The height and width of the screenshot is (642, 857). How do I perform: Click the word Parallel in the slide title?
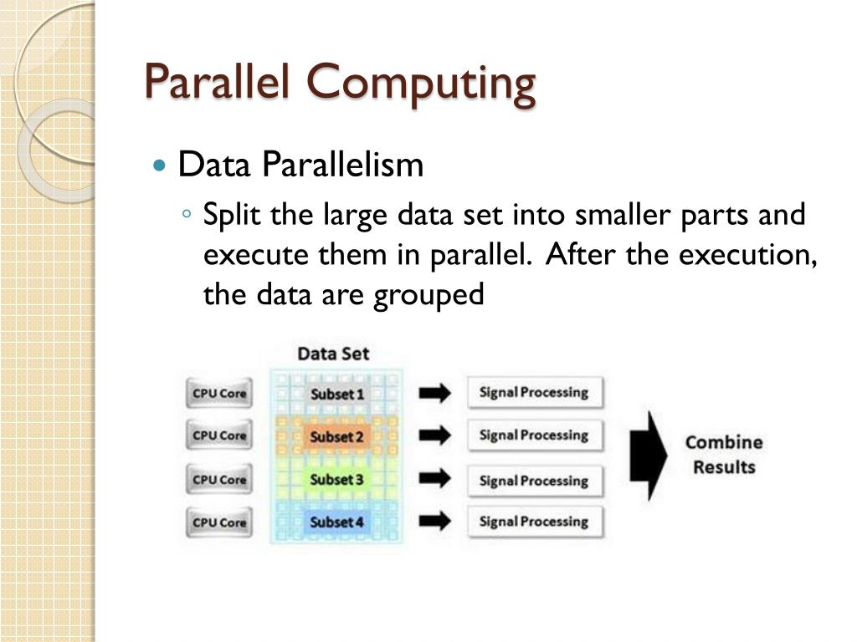click(x=219, y=82)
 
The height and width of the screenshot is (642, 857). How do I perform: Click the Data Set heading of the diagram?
click(x=333, y=353)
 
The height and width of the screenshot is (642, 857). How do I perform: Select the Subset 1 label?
click(x=337, y=394)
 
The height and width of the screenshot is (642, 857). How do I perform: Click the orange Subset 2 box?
click(x=337, y=436)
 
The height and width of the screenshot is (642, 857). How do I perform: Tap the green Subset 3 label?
click(x=337, y=480)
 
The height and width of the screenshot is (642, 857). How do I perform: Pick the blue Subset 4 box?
click(x=337, y=522)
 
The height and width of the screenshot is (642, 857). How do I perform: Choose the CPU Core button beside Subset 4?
click(x=219, y=522)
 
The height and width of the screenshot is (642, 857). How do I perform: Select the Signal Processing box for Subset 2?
click(x=534, y=436)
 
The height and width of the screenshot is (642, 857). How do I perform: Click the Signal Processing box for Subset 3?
click(x=534, y=481)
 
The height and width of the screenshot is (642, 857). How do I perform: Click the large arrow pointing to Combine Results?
click(x=648, y=456)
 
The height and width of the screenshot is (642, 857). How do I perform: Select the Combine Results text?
click(x=724, y=455)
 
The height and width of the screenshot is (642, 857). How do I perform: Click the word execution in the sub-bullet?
click(x=745, y=255)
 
